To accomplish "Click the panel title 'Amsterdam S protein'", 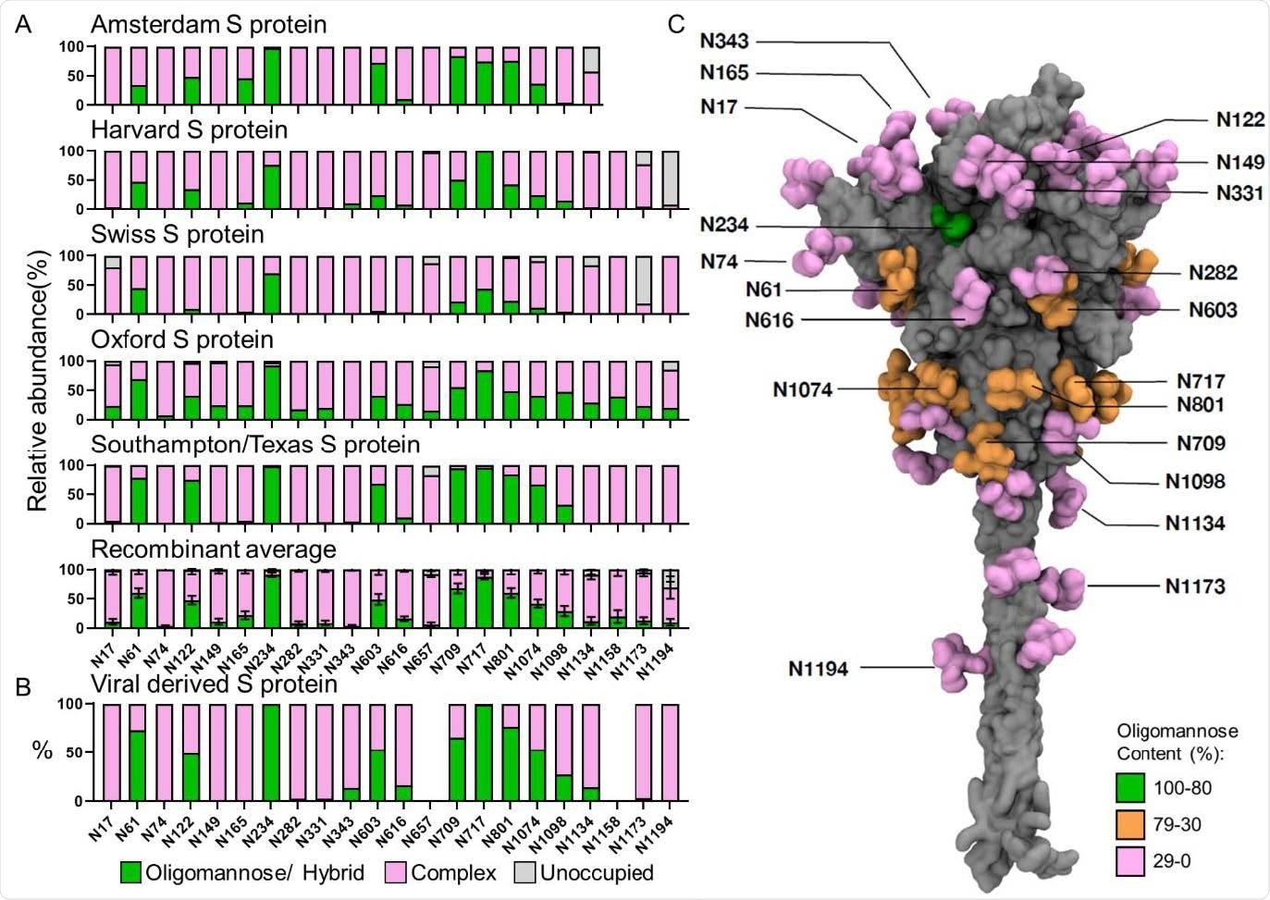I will [208, 24].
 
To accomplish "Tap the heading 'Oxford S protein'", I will [181, 339].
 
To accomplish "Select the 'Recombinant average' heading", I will [213, 549].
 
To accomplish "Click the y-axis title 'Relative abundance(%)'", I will [37, 380].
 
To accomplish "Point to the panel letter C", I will [676, 24].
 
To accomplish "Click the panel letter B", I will [23, 686].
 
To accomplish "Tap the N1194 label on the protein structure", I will [818, 668].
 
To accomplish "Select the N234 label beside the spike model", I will [724, 225].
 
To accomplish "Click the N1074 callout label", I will [802, 389].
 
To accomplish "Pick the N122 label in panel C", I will [1239, 119].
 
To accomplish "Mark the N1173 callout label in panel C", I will [1195, 586].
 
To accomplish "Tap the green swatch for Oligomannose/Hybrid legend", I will [131, 872].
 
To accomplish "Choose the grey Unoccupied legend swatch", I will [524, 872].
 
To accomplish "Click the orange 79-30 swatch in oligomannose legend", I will [1129, 824].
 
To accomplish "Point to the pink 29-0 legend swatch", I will [1129, 861].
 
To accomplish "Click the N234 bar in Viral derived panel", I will [271, 752].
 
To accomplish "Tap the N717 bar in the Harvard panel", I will [484, 179].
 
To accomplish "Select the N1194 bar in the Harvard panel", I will [671, 179].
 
